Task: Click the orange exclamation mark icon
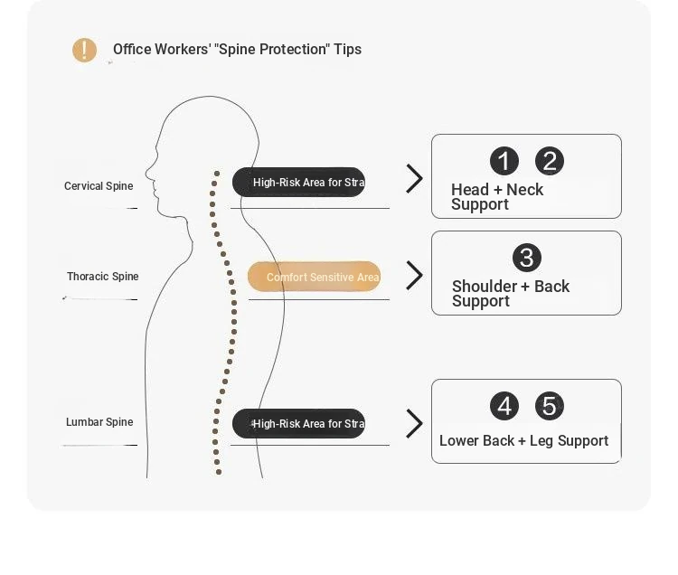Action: tap(84, 50)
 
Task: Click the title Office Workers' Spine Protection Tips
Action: tap(237, 50)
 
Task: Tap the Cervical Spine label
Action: tap(99, 186)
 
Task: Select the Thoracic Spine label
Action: tap(102, 277)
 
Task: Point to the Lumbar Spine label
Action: tap(99, 422)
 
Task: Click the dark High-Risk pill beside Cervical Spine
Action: tap(298, 183)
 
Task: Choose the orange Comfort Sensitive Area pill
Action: tap(314, 277)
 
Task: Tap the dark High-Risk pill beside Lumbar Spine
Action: tap(298, 424)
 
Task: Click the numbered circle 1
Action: tap(504, 162)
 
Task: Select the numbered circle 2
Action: tap(550, 162)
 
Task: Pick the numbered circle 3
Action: tap(526, 258)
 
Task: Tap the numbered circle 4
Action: tap(504, 407)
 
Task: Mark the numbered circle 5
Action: tap(550, 407)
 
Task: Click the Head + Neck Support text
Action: tap(497, 197)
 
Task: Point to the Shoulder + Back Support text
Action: tap(510, 294)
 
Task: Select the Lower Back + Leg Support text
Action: tap(523, 441)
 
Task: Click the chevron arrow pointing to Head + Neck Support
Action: tap(415, 179)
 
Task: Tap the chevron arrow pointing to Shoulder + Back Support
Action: tap(415, 275)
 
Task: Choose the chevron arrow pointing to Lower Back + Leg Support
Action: tap(415, 424)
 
